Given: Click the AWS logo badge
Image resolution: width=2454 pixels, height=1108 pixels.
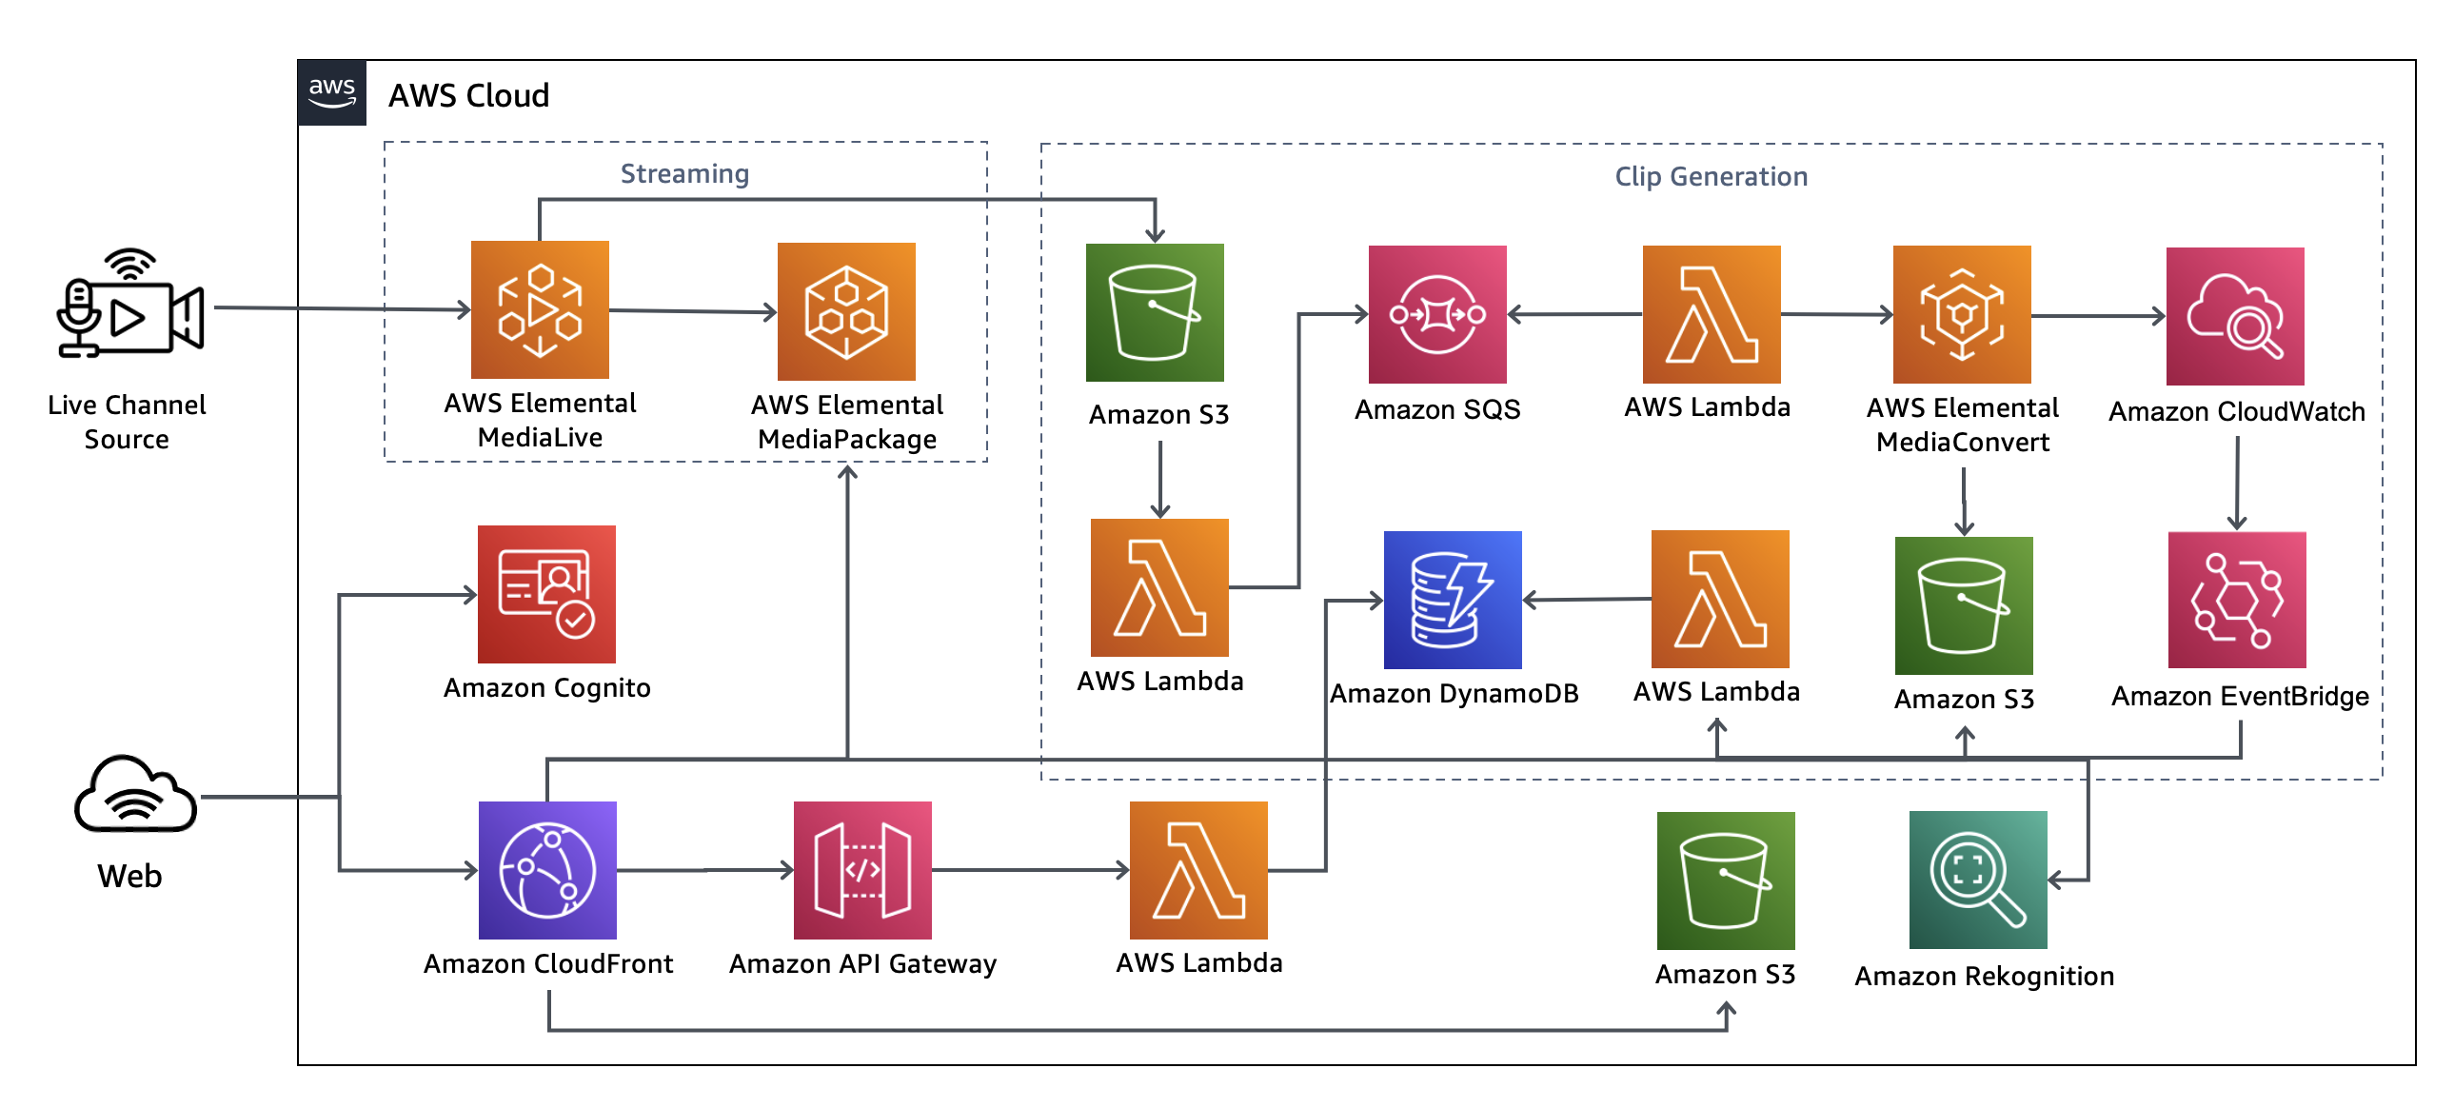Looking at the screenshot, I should tap(331, 92).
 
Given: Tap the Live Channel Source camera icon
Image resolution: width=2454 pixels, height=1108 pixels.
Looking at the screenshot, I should tap(129, 305).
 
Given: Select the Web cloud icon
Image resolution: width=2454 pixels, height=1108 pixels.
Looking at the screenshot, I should tap(135, 796).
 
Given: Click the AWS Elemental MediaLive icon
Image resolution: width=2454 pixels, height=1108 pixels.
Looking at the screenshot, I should tap(540, 309).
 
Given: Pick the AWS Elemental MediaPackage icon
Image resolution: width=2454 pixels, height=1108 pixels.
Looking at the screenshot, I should tap(846, 311).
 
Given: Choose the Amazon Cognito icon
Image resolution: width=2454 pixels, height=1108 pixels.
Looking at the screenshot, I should tap(546, 595).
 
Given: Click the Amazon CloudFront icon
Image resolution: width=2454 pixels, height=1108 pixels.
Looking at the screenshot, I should tap(547, 870).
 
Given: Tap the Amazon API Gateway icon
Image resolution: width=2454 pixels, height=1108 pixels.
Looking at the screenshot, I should tap(862, 870).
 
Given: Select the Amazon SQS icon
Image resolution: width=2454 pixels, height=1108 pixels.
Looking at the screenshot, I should tap(1437, 314).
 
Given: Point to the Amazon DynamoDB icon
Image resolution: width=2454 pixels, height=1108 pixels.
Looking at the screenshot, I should tap(1453, 601).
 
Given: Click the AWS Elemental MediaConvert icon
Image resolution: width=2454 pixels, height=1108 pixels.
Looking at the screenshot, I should tap(1962, 314).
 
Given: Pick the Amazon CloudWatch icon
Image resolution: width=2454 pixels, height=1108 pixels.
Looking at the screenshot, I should tap(2235, 316).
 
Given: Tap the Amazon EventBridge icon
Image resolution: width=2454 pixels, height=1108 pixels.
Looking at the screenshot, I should tap(2237, 601).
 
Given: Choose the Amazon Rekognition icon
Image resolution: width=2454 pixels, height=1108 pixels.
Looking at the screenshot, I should tap(1978, 880).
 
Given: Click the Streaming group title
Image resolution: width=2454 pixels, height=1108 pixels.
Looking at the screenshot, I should tap(685, 173).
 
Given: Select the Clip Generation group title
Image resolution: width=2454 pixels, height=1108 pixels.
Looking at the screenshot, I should tap(1711, 176).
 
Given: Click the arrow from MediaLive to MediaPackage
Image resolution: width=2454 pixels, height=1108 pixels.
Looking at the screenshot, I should tap(693, 310).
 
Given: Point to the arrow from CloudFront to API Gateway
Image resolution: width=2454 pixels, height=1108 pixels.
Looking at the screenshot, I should tap(705, 870).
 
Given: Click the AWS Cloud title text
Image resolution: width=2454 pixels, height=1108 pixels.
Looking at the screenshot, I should tap(468, 95).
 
